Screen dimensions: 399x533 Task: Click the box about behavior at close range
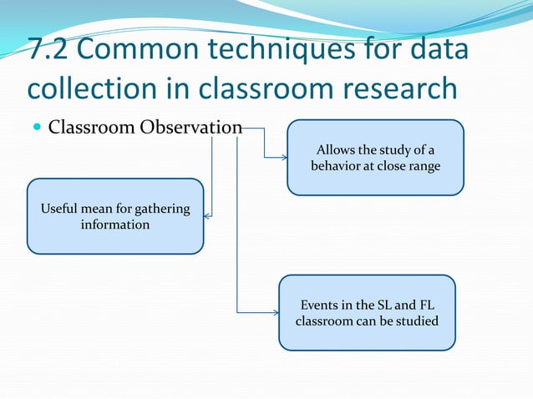coord(375,158)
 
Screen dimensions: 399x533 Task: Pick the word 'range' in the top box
coord(421,166)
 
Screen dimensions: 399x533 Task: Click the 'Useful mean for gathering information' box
coord(115,216)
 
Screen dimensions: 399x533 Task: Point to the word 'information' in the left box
coord(115,225)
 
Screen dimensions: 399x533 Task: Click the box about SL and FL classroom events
coord(367,312)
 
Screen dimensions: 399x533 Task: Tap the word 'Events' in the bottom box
coord(320,305)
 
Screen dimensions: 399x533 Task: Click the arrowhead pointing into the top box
coord(283,156)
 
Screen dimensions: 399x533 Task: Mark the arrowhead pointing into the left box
coord(208,215)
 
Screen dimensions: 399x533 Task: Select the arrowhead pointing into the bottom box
coord(275,313)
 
